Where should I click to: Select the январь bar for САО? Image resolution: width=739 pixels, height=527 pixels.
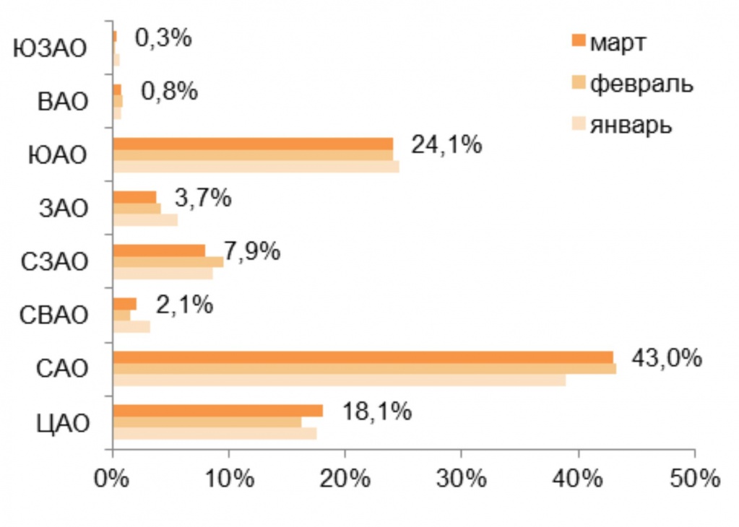(340, 380)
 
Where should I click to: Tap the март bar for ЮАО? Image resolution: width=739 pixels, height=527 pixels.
(253, 143)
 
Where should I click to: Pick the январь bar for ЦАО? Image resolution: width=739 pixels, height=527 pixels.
(215, 433)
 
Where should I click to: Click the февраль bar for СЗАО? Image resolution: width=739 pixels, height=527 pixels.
(168, 262)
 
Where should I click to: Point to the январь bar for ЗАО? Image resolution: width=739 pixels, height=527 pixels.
(145, 220)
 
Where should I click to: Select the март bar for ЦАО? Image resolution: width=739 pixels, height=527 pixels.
(217, 411)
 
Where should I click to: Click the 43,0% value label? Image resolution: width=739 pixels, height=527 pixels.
(666, 358)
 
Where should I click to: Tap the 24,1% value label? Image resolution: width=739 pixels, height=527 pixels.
(446, 145)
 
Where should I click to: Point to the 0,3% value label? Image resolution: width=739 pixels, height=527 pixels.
(163, 38)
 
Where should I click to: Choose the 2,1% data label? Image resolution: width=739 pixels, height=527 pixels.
(184, 305)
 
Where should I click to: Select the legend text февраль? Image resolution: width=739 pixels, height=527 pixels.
(641, 84)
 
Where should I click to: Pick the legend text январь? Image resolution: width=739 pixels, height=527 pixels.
(631, 124)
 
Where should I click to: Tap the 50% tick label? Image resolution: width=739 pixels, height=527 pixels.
(693, 479)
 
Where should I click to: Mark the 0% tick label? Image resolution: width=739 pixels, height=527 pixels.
(113, 479)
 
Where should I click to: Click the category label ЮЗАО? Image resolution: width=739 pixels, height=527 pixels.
(51, 49)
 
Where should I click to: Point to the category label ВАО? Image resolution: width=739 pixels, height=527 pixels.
(63, 102)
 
